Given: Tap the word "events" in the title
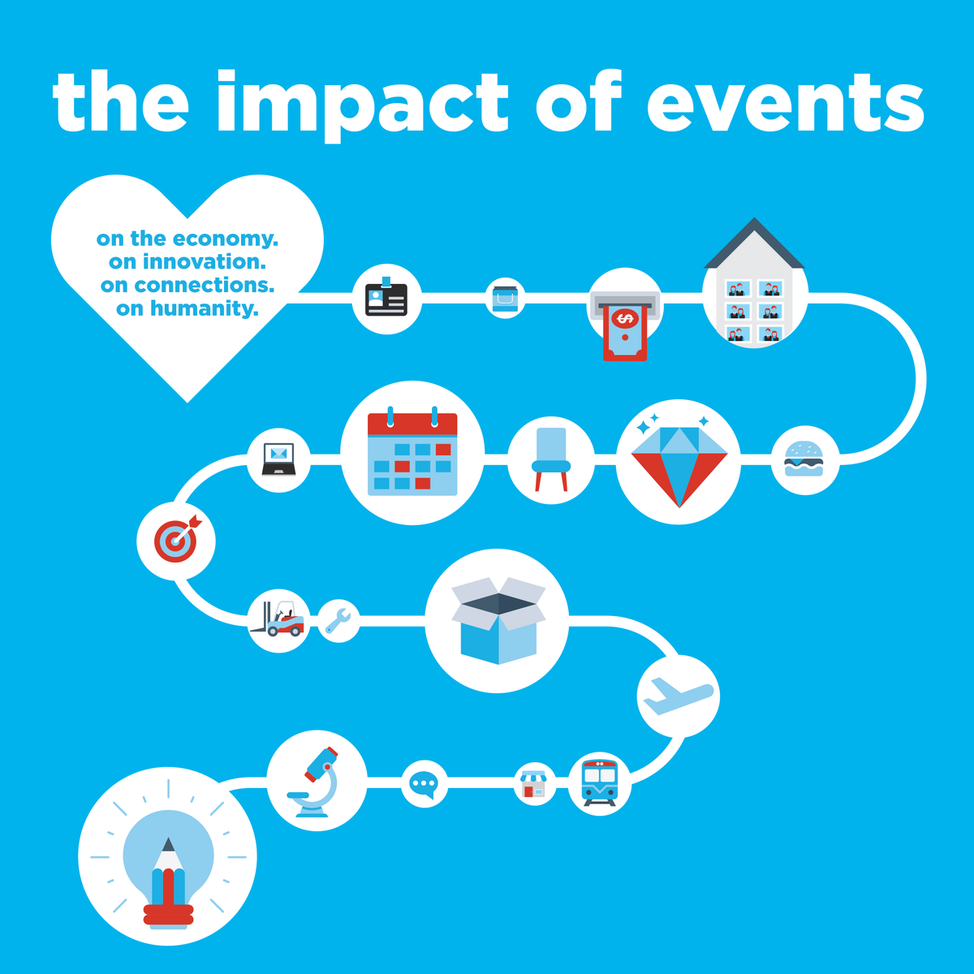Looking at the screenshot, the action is [786, 102].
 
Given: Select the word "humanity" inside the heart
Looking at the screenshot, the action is [205, 308].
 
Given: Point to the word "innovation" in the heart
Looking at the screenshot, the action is [205, 262].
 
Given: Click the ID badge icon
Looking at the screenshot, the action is [386, 296].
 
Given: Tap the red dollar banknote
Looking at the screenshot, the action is [625, 332].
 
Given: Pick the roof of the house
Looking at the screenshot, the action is [754, 243].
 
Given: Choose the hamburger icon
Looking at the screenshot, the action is [804, 459].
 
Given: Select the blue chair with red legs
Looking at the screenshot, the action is [551, 459].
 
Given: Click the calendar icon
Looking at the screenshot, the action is [412, 451].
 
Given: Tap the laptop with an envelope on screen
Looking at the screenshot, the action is [279, 459].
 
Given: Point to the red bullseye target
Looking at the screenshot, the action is [177, 540].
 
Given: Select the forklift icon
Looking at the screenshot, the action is [278, 618].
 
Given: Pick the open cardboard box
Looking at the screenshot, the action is [498, 620].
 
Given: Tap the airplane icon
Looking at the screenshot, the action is [678, 696].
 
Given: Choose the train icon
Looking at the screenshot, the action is [600, 782].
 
